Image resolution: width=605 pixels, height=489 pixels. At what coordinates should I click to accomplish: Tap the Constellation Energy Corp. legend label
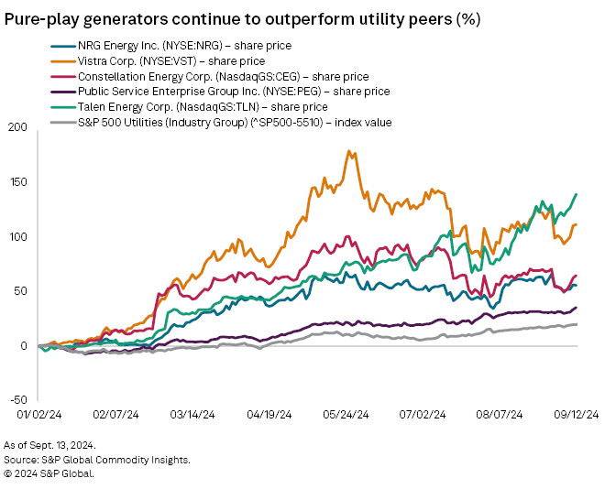(x=224, y=76)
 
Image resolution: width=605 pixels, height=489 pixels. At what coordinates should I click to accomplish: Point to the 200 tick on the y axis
(x=19, y=127)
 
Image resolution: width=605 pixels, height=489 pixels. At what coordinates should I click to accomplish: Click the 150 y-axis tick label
(x=19, y=182)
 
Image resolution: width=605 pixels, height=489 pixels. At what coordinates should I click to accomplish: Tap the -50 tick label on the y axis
(x=18, y=400)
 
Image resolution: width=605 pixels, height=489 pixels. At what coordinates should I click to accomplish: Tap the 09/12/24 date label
(x=577, y=414)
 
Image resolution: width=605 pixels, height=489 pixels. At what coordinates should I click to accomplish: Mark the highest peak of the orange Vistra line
(x=348, y=151)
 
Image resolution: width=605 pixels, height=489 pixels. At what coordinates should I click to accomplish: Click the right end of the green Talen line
(x=576, y=194)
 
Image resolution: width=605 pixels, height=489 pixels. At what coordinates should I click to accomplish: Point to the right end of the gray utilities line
(x=576, y=324)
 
